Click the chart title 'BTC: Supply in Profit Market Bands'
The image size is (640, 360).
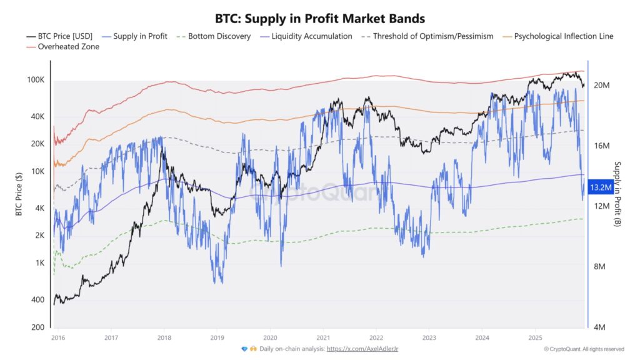[320, 19]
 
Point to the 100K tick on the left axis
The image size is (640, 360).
[35, 80]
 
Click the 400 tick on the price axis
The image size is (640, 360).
[37, 300]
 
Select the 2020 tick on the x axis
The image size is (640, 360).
[270, 336]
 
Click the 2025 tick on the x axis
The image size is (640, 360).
[535, 336]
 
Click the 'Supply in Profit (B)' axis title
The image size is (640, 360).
[617, 194]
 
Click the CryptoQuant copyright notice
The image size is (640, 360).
[583, 349]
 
